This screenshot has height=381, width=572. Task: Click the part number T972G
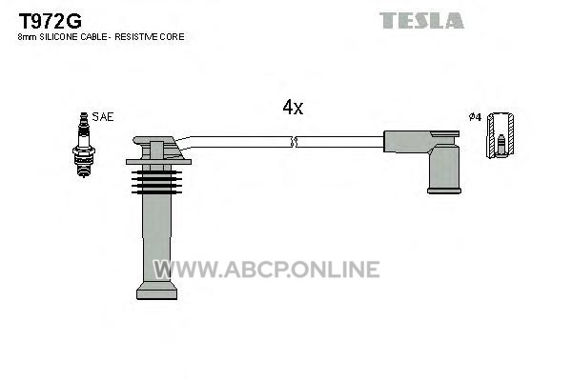[50, 21]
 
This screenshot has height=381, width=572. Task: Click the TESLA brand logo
[421, 20]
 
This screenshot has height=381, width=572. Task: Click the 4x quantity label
[293, 107]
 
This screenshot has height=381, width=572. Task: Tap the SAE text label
[103, 116]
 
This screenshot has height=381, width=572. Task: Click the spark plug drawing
[84, 145]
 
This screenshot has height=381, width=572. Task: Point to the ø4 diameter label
[475, 117]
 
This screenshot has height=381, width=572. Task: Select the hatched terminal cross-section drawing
[501, 135]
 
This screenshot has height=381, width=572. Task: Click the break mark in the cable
[294, 142]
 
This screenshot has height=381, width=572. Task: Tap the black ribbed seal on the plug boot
[157, 182]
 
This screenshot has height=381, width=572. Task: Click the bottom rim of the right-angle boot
[444, 190]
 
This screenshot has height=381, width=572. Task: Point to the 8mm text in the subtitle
[27, 37]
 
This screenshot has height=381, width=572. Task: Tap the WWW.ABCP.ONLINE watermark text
[266, 269]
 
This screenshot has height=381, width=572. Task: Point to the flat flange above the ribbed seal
[158, 162]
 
